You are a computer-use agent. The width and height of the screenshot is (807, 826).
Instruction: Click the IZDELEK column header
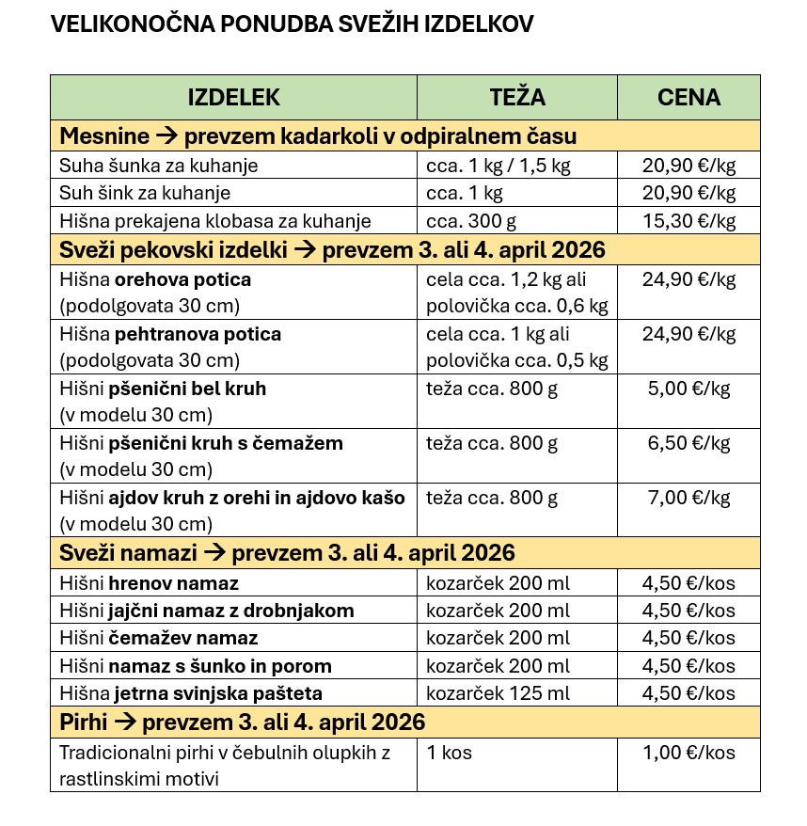234,97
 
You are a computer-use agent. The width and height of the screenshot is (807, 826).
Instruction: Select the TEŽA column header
517,97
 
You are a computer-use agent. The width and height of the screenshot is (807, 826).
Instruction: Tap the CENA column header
688,97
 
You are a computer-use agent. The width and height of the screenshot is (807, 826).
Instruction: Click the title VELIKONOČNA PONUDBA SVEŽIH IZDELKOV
292,24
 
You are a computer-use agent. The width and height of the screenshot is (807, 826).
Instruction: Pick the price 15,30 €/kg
688,222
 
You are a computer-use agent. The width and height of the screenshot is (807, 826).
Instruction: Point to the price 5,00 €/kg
688,388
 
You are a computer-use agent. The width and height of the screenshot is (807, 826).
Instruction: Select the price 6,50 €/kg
688,442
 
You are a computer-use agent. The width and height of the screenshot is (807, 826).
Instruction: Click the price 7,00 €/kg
688,497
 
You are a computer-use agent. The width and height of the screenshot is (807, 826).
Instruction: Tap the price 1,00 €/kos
688,753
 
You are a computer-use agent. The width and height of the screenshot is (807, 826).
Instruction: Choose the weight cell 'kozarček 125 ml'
498,694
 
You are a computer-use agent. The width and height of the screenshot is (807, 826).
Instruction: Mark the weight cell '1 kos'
450,753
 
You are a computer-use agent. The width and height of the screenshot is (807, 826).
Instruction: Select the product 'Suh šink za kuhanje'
145,194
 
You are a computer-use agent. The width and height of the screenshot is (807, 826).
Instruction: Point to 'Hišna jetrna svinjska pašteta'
191,694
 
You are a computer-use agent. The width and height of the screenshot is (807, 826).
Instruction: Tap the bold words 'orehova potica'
182,279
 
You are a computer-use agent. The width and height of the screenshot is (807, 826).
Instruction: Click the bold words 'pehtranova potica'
198,334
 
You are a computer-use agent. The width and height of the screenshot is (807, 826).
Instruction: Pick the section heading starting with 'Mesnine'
318,136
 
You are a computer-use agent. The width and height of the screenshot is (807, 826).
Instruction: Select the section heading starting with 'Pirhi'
243,723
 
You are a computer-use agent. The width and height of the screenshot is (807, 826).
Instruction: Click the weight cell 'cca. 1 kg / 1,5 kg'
498,167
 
